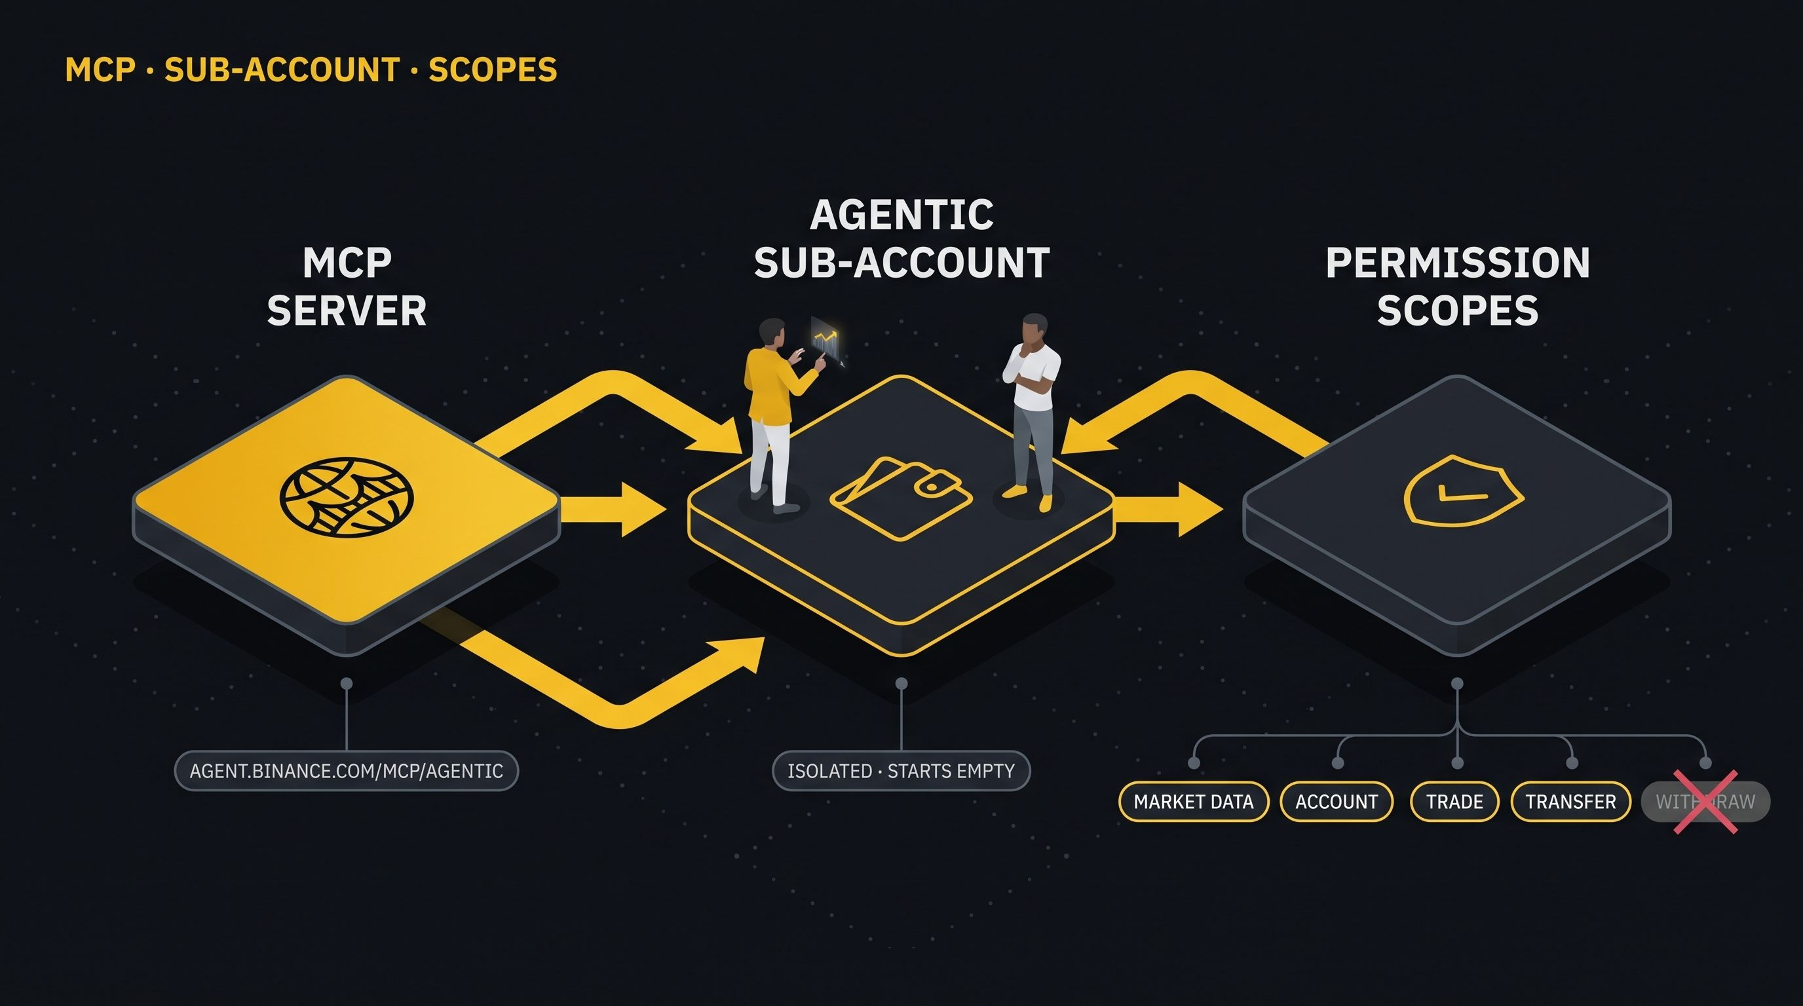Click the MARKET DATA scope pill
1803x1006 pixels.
click(1193, 801)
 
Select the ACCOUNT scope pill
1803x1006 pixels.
click(1336, 801)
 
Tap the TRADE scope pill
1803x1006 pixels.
click(1454, 801)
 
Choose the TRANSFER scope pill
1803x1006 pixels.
click(1570, 801)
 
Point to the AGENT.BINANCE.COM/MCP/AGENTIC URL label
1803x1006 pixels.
click(347, 771)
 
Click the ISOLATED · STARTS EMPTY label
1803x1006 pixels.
click(901, 771)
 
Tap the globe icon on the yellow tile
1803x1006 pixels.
click(347, 497)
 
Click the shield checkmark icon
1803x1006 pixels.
click(1464, 491)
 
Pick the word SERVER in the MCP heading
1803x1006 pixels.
click(347, 310)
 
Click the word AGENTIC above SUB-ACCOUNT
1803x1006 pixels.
click(901, 214)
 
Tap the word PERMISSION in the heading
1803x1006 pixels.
click(1458, 263)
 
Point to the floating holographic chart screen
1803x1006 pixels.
click(826, 340)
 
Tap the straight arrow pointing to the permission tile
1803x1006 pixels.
click(1168, 509)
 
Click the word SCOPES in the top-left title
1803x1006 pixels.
click(493, 69)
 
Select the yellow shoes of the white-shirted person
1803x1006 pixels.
click(1028, 497)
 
